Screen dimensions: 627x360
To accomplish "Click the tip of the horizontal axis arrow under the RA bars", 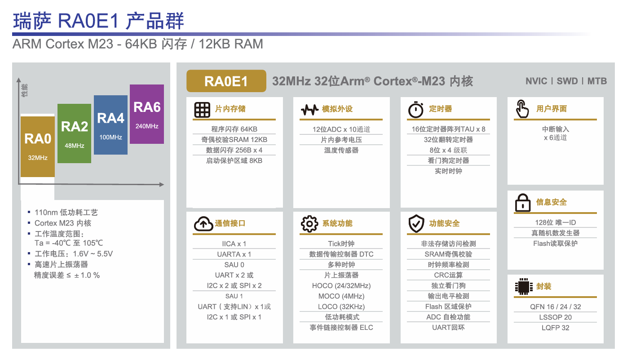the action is click(164, 184).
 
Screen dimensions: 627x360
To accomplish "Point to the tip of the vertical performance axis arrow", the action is click(19, 78).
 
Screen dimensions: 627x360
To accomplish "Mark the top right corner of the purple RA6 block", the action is click(164, 84).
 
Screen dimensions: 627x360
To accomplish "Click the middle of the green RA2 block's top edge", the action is click(74, 104).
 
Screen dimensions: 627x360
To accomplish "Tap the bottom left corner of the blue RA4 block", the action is click(94, 154).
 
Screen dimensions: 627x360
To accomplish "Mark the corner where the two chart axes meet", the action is click(19, 184).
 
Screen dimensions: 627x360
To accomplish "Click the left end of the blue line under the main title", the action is click(12, 34).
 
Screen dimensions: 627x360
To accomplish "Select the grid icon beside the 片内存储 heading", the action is click(202, 110).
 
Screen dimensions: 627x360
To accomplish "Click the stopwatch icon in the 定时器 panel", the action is click(415, 110).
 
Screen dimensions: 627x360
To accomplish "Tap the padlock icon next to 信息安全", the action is click(523, 203).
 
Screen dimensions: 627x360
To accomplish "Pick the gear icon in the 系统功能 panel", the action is click(309, 224).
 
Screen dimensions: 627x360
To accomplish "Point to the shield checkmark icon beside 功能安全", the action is click(416, 223).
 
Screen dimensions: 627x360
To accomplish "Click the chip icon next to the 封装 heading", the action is click(523, 287).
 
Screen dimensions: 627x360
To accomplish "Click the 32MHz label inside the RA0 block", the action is click(38, 158).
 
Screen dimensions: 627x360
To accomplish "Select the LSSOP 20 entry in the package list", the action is click(555, 317).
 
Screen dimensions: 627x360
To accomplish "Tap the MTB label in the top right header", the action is click(597, 81).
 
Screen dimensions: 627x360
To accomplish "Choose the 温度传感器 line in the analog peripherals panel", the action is click(341, 150).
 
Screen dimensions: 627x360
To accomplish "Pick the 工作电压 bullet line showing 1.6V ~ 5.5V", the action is click(74, 254).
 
